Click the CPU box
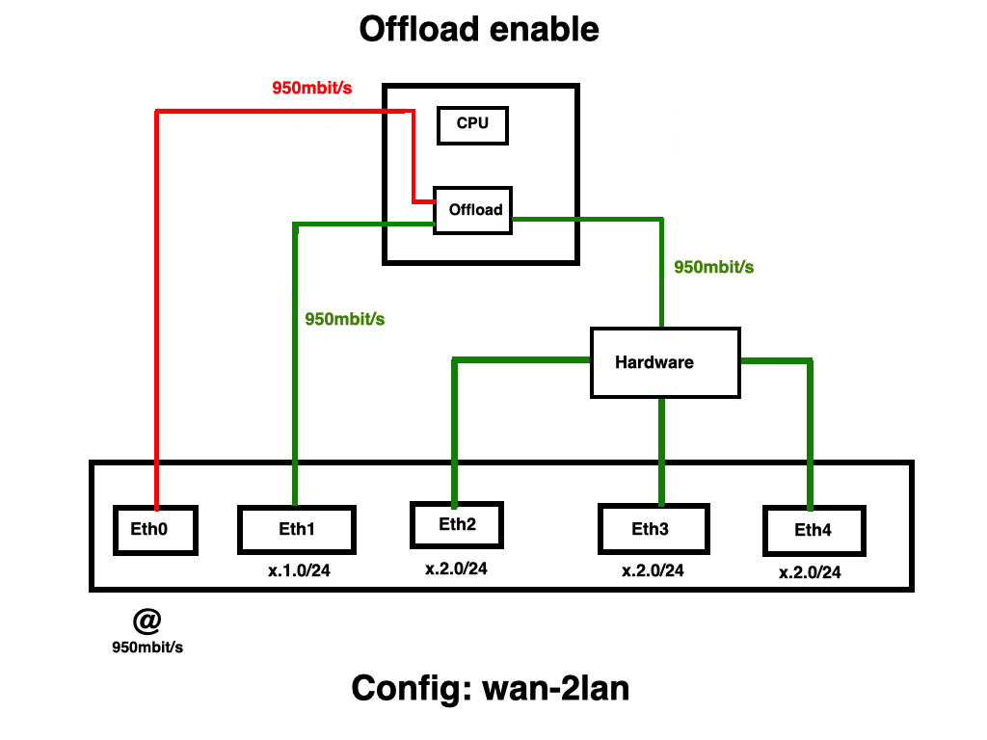(x=472, y=124)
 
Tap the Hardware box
(x=665, y=362)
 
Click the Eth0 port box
(x=155, y=530)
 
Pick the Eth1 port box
(x=296, y=530)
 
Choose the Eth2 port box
(x=457, y=525)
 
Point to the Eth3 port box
(x=660, y=529)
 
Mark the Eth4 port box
(x=813, y=531)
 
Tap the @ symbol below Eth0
(x=147, y=619)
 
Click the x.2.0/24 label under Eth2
(x=457, y=569)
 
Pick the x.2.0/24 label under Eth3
(x=653, y=570)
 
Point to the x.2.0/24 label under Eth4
(x=810, y=573)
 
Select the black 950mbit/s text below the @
(x=147, y=647)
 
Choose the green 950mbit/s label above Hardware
(x=713, y=268)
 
